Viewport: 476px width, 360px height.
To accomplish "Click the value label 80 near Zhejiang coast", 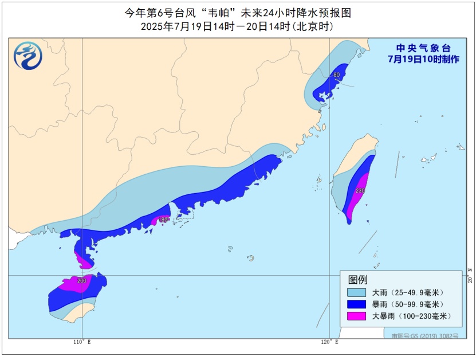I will click(x=337, y=75).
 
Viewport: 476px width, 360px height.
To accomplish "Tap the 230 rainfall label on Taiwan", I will click(x=360, y=191).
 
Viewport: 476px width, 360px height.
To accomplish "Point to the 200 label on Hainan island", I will click(x=81, y=281).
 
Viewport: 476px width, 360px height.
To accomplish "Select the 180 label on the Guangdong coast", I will click(x=163, y=220).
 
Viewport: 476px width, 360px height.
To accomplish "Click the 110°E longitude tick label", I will click(x=82, y=342).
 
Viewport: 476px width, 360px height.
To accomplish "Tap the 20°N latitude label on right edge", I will click(x=469, y=279).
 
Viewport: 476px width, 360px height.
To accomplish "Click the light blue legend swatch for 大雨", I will click(x=356, y=292).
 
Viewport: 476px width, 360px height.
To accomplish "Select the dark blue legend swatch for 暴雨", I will click(x=356, y=304).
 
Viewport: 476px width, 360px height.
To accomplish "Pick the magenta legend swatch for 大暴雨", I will click(x=356, y=316).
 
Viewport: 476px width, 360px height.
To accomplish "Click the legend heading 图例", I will click(x=357, y=280).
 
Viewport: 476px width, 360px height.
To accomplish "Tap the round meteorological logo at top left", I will click(x=28, y=56).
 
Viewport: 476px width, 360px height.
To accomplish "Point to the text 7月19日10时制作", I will click(x=423, y=59).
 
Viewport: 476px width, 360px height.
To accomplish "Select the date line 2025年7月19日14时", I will click(x=237, y=26).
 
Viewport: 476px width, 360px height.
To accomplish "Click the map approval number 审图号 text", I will click(x=424, y=335).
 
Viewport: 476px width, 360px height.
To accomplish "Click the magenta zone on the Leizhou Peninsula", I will click(x=84, y=261).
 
